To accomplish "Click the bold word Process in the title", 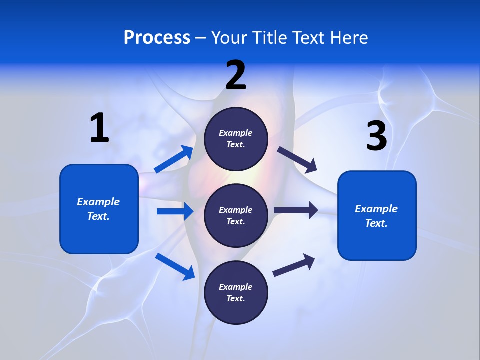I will pos(157,37).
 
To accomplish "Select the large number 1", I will pos(99,128).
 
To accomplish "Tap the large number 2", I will pos(236,75).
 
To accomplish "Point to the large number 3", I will pos(376,136).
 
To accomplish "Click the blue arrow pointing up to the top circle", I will pos(174,159).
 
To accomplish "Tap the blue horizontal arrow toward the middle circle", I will pos(175,211).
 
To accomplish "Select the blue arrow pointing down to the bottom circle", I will pos(175,266).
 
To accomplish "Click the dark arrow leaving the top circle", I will pos(297,159).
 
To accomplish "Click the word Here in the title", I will pos(350,37).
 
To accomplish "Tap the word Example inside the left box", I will pos(98,202).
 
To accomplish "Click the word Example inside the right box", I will pos(376,209).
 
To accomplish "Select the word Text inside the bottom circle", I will pos(235,299).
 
